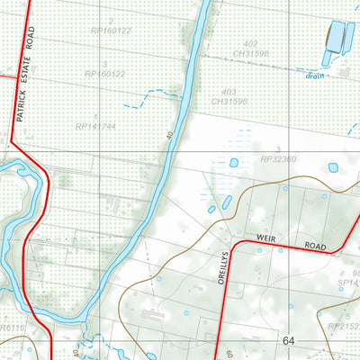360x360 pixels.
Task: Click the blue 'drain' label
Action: (x=313, y=76)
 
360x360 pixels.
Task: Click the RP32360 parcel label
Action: (x=278, y=159)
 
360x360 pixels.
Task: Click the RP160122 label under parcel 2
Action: (x=112, y=30)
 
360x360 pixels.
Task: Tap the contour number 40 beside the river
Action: (x=168, y=137)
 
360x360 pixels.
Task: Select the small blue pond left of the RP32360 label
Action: (x=234, y=163)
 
